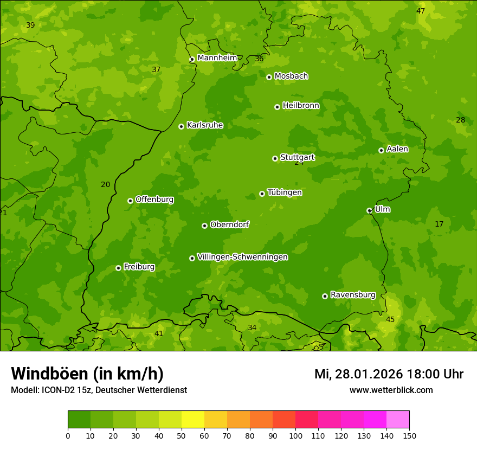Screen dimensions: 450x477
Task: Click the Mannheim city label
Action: point(217,57)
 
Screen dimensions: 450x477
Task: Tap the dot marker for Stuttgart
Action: point(275,158)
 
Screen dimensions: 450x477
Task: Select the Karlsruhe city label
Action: point(205,125)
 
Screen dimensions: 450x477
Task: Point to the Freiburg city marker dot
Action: point(118,268)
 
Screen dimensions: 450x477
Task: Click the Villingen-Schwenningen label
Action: point(242,257)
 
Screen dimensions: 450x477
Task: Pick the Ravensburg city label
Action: point(353,295)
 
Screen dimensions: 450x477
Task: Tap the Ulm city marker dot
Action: point(369,210)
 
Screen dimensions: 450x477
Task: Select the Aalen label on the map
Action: point(397,149)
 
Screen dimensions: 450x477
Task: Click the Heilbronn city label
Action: point(301,106)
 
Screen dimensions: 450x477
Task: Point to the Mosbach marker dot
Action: point(269,77)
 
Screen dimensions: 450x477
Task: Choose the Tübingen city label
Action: point(285,192)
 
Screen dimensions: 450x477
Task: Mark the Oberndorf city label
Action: point(229,224)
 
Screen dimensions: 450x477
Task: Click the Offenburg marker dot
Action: point(130,201)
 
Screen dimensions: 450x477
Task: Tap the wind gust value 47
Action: point(421,11)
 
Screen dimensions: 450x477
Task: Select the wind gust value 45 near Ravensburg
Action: point(390,319)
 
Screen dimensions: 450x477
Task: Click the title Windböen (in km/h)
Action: point(87,374)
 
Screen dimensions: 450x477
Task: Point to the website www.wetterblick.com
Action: point(391,390)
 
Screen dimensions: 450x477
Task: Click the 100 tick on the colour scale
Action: point(295,435)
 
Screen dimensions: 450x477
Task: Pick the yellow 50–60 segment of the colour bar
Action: point(193,420)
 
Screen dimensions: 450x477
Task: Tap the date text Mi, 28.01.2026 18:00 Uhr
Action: point(389,374)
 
